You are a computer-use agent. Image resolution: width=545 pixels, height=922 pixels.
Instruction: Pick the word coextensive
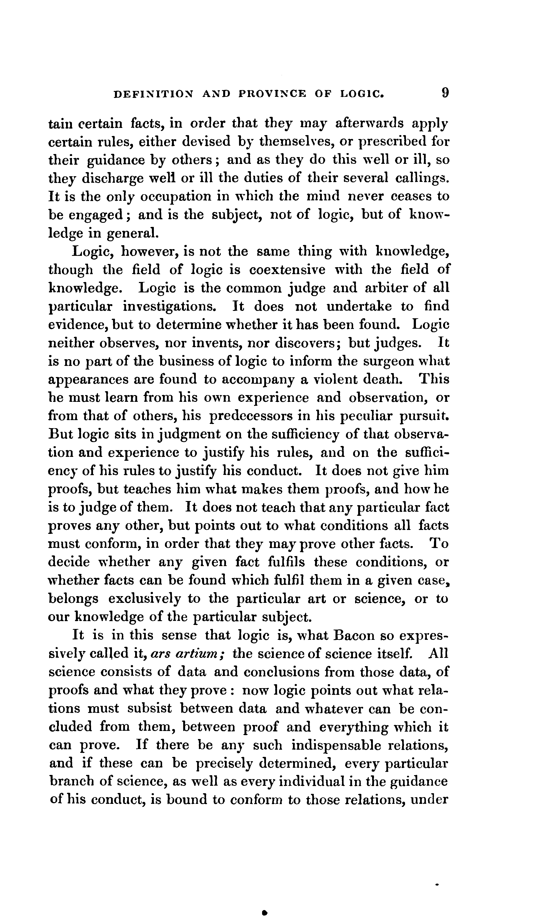(x=287, y=270)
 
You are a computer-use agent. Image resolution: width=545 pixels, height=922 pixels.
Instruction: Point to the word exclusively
(x=144, y=599)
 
